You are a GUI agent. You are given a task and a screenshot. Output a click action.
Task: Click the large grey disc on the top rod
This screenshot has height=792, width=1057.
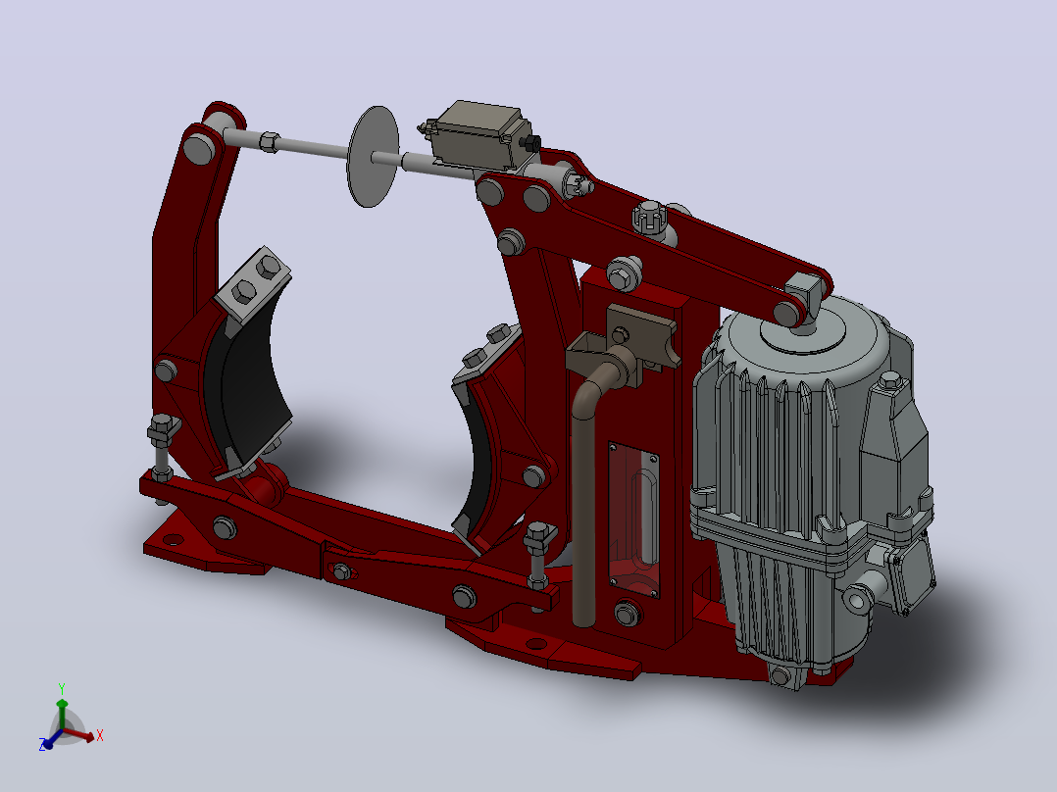(x=373, y=157)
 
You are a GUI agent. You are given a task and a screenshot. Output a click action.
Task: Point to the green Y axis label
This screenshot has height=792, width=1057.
(x=62, y=688)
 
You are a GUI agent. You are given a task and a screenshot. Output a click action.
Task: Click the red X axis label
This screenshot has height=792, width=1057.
(x=100, y=735)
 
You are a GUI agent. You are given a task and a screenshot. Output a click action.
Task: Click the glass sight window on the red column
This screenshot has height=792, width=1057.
(x=633, y=519)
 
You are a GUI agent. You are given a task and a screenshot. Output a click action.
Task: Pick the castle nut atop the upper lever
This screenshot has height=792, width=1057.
(x=649, y=217)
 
